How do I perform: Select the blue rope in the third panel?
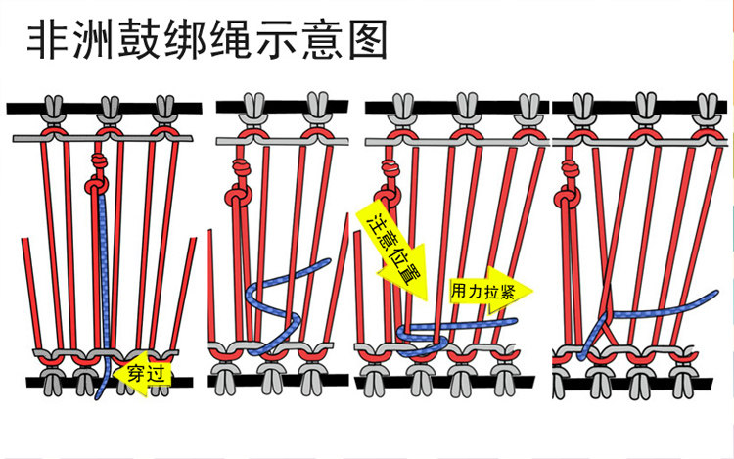click(x=460, y=324)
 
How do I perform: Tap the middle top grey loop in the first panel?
click(x=108, y=105)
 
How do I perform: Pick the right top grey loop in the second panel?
click(x=316, y=105)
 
